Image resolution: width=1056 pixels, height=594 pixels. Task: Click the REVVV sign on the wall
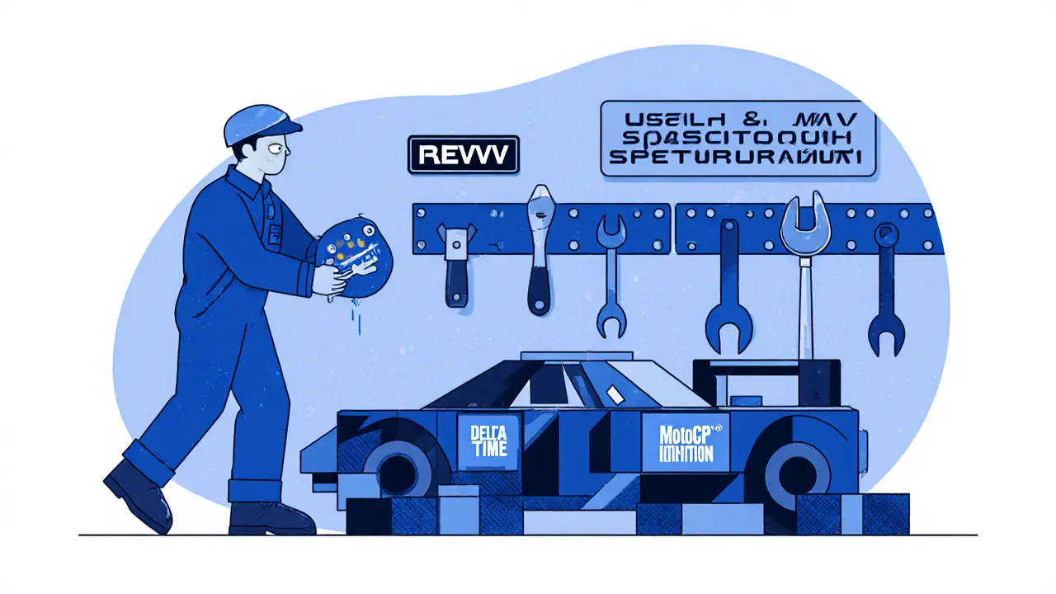click(464, 154)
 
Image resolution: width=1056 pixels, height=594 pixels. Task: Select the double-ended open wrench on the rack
click(610, 276)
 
